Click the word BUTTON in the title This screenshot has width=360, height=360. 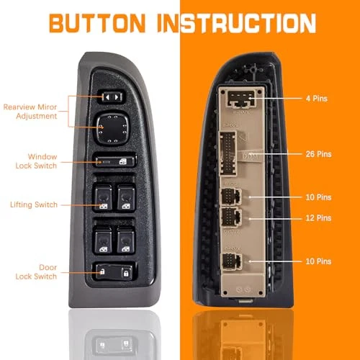pyautogui.click(x=97, y=23)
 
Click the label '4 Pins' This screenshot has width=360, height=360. pyautogui.click(x=317, y=99)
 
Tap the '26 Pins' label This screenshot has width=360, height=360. pyautogui.click(x=318, y=154)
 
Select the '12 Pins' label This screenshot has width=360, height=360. pyautogui.click(x=318, y=218)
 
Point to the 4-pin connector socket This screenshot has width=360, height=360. pyautogui.click(x=241, y=99)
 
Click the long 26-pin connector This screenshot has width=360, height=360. pyautogui.click(x=228, y=153)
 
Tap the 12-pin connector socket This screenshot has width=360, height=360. pyautogui.click(x=230, y=217)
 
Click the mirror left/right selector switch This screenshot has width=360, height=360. pyautogui.click(x=112, y=97)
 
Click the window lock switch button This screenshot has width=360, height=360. pyautogui.click(x=115, y=161)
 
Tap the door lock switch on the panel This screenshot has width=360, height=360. pyautogui.click(x=114, y=272)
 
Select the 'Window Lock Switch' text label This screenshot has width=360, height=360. pyautogui.click(x=36, y=161)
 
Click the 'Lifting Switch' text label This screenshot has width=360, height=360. pyautogui.click(x=34, y=204)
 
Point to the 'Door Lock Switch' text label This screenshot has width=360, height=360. pyautogui.click(x=36, y=272)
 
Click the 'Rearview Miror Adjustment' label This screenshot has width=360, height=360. pyautogui.click(x=30, y=112)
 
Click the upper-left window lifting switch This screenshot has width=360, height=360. pyautogui.click(x=103, y=198)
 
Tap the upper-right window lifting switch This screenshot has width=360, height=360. pyautogui.click(x=126, y=197)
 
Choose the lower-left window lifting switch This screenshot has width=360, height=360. pyautogui.click(x=103, y=240)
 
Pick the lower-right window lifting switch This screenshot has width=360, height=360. pyautogui.click(x=126, y=240)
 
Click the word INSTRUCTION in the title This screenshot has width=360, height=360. pyautogui.click(x=236, y=23)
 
